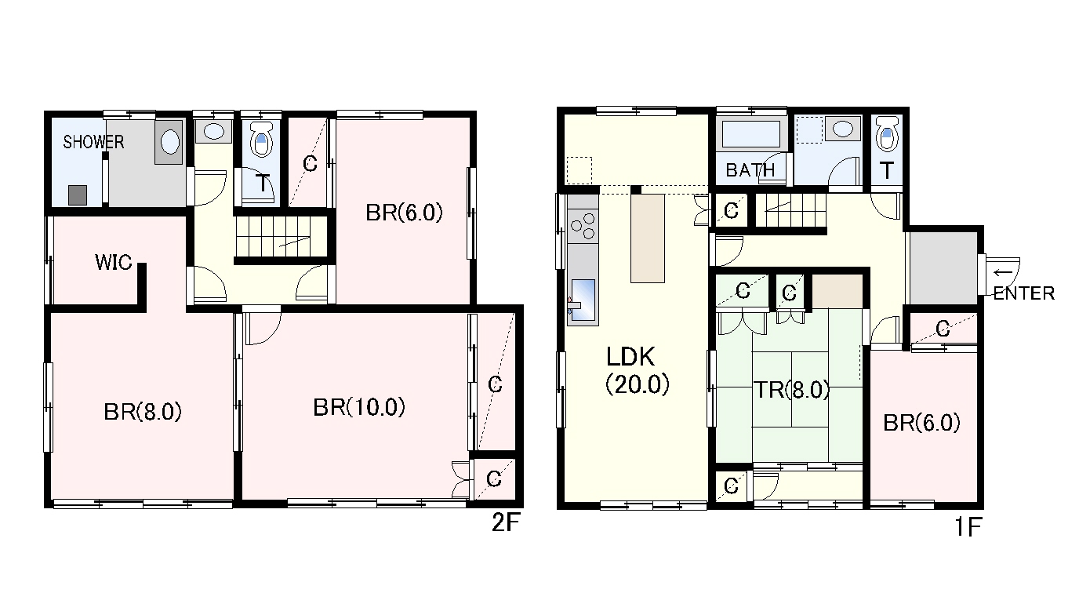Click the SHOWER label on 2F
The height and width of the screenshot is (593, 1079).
tap(93, 142)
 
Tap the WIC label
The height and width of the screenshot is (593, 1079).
tap(113, 263)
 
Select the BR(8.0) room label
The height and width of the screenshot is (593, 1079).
tap(143, 413)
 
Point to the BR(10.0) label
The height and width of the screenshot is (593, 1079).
tap(359, 408)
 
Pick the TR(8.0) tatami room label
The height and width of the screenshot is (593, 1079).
tap(791, 390)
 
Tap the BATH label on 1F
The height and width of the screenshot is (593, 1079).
tap(750, 170)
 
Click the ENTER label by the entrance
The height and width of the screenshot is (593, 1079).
tap(1023, 293)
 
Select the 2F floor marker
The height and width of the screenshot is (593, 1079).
tap(507, 522)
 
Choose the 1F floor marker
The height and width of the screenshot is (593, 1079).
tap(968, 527)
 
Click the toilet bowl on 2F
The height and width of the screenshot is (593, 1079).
tap(262, 139)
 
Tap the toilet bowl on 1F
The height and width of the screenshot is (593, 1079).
tap(887, 133)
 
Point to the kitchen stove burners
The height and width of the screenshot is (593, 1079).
tap(583, 226)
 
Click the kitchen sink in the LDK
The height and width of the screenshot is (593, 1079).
tap(583, 300)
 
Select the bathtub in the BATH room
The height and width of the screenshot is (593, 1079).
tap(751, 133)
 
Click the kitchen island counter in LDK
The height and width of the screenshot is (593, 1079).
tap(648, 238)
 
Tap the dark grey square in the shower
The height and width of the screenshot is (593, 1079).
tap(78, 195)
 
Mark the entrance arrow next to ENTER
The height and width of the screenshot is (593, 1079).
tap(1003, 273)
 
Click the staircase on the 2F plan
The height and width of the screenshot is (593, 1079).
tap(278, 237)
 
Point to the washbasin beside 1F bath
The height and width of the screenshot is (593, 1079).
tap(842, 129)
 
